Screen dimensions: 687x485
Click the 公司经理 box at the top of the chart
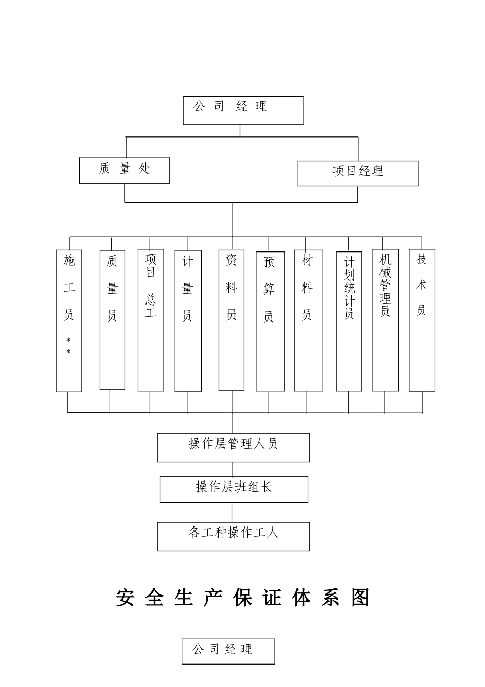tap(243, 110)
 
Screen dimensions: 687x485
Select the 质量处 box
tap(124, 170)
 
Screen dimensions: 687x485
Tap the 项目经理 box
tap(357, 173)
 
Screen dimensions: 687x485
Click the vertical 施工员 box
tap(69, 320)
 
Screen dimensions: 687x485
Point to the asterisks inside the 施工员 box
tap(68, 346)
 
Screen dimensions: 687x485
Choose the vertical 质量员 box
tap(112, 320)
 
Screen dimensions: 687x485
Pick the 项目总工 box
tap(151, 320)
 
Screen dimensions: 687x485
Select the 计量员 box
tap(187, 320)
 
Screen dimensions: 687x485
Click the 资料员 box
tap(231, 319)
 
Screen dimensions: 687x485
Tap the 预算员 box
tap(270, 321)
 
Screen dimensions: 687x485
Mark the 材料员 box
tap(308, 320)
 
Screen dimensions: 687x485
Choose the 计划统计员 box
tap(349, 320)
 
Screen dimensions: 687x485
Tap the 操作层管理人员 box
tap(233, 447)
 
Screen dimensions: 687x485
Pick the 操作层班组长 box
tap(234, 489)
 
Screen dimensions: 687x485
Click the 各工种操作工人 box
tap(233, 536)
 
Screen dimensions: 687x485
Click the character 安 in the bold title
tap(125, 598)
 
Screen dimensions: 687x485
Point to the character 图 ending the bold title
tap(360, 598)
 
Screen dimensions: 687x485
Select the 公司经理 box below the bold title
tap(228, 651)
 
